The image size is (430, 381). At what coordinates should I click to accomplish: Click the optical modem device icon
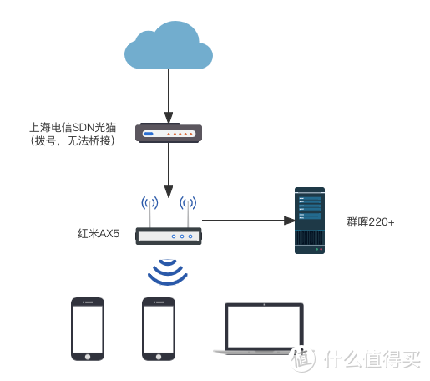click(169, 134)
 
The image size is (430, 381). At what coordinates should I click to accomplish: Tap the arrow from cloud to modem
click(169, 94)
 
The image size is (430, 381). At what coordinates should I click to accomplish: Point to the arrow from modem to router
click(169, 167)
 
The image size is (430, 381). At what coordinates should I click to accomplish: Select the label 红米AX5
click(99, 235)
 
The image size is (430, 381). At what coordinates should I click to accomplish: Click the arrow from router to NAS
click(246, 221)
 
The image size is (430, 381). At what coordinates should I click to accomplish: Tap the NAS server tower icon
click(311, 220)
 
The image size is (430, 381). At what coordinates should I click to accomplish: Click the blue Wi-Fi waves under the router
click(169, 271)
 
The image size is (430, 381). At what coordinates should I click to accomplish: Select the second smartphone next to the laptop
click(158, 328)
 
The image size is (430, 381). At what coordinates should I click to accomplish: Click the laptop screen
click(264, 327)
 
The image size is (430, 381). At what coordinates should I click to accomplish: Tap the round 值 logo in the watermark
click(302, 358)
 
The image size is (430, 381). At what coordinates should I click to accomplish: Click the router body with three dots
click(169, 236)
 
